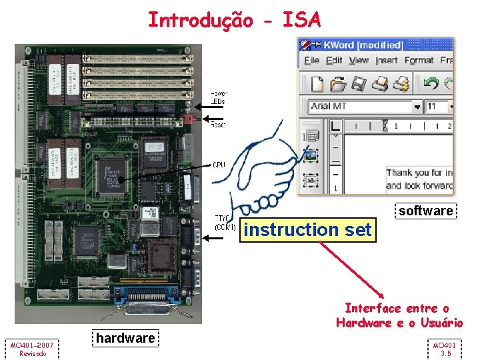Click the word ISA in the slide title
click(302, 20)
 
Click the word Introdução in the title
click(201, 20)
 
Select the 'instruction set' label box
click(308, 230)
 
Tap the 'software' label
click(425, 211)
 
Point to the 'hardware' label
click(125, 338)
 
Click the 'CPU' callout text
click(219, 165)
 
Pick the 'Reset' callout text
click(218, 125)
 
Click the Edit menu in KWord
click(334, 61)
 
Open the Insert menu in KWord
click(387, 61)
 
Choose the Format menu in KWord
click(419, 61)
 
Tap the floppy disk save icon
click(359, 84)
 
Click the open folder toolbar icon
click(338, 84)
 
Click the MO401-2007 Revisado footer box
click(33, 349)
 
